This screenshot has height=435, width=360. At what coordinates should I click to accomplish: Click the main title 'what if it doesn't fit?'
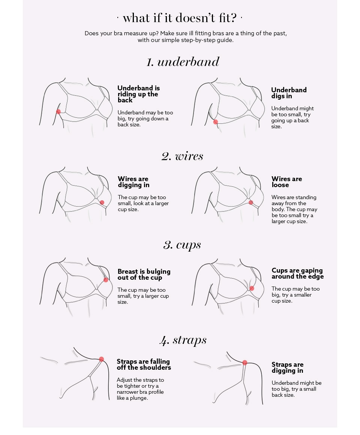[x=180, y=18]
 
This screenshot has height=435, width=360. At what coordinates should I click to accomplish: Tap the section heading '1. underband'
[x=183, y=61]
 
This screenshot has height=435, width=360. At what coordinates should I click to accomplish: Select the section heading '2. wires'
[x=182, y=156]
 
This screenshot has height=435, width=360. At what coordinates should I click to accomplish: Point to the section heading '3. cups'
[x=182, y=245]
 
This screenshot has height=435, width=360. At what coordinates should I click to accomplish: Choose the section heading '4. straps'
[x=183, y=340]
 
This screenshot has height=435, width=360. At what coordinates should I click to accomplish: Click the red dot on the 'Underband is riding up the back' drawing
[x=58, y=112]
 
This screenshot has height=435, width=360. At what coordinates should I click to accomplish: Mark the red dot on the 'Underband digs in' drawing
[x=216, y=122]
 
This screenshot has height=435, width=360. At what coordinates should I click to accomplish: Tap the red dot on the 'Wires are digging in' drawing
[x=102, y=202]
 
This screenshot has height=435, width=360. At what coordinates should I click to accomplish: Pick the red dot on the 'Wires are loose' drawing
[x=251, y=202]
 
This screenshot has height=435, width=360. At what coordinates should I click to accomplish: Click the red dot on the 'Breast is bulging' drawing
[x=106, y=280]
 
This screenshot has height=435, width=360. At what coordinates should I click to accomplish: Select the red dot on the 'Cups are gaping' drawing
[x=252, y=288]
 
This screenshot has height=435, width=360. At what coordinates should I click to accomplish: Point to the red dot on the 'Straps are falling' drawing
[x=102, y=359]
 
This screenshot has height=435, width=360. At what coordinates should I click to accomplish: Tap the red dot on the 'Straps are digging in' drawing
[x=244, y=363]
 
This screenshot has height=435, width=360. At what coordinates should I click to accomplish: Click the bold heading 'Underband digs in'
[x=289, y=93]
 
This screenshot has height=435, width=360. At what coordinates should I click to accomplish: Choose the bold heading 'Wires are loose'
[x=287, y=182]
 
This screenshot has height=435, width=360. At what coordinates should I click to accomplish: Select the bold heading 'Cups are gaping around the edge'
[x=298, y=273]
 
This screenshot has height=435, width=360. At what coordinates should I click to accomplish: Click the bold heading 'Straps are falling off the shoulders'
[x=144, y=364]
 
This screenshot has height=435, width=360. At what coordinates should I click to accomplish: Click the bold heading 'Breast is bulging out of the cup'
[x=144, y=274]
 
